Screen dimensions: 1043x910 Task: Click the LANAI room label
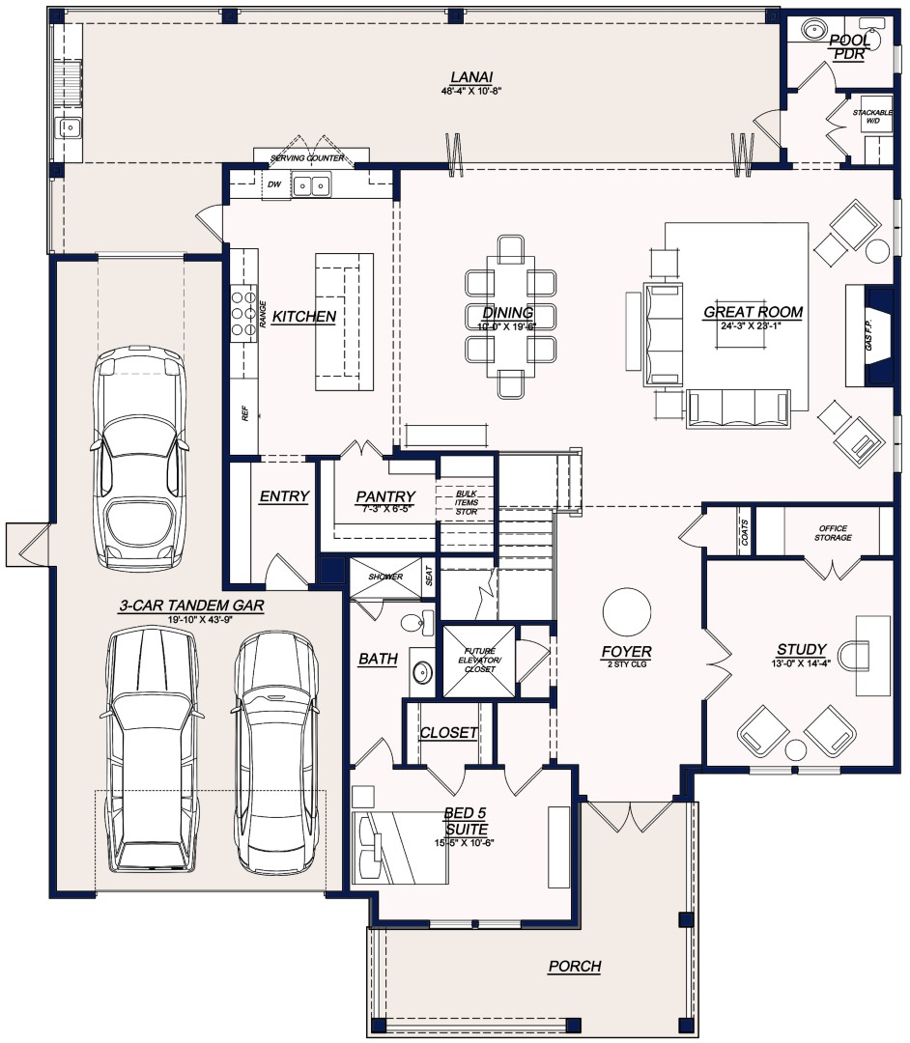(x=468, y=77)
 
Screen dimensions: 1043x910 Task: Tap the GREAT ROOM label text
(x=753, y=312)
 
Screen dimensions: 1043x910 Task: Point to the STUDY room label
(x=801, y=649)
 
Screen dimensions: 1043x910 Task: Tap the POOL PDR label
(x=848, y=46)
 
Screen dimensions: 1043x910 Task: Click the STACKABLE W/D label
(x=872, y=117)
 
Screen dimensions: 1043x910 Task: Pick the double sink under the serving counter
(x=312, y=184)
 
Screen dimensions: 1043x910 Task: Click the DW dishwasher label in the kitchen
(x=273, y=183)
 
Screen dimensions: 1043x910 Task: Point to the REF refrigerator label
(x=244, y=415)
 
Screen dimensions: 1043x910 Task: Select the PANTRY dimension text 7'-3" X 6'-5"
(x=385, y=508)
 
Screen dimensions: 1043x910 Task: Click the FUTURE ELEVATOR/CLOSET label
(x=479, y=661)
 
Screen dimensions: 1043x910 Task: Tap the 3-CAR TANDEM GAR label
(x=191, y=606)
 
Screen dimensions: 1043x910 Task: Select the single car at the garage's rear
(x=139, y=459)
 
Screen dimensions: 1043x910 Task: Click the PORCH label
(x=575, y=966)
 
